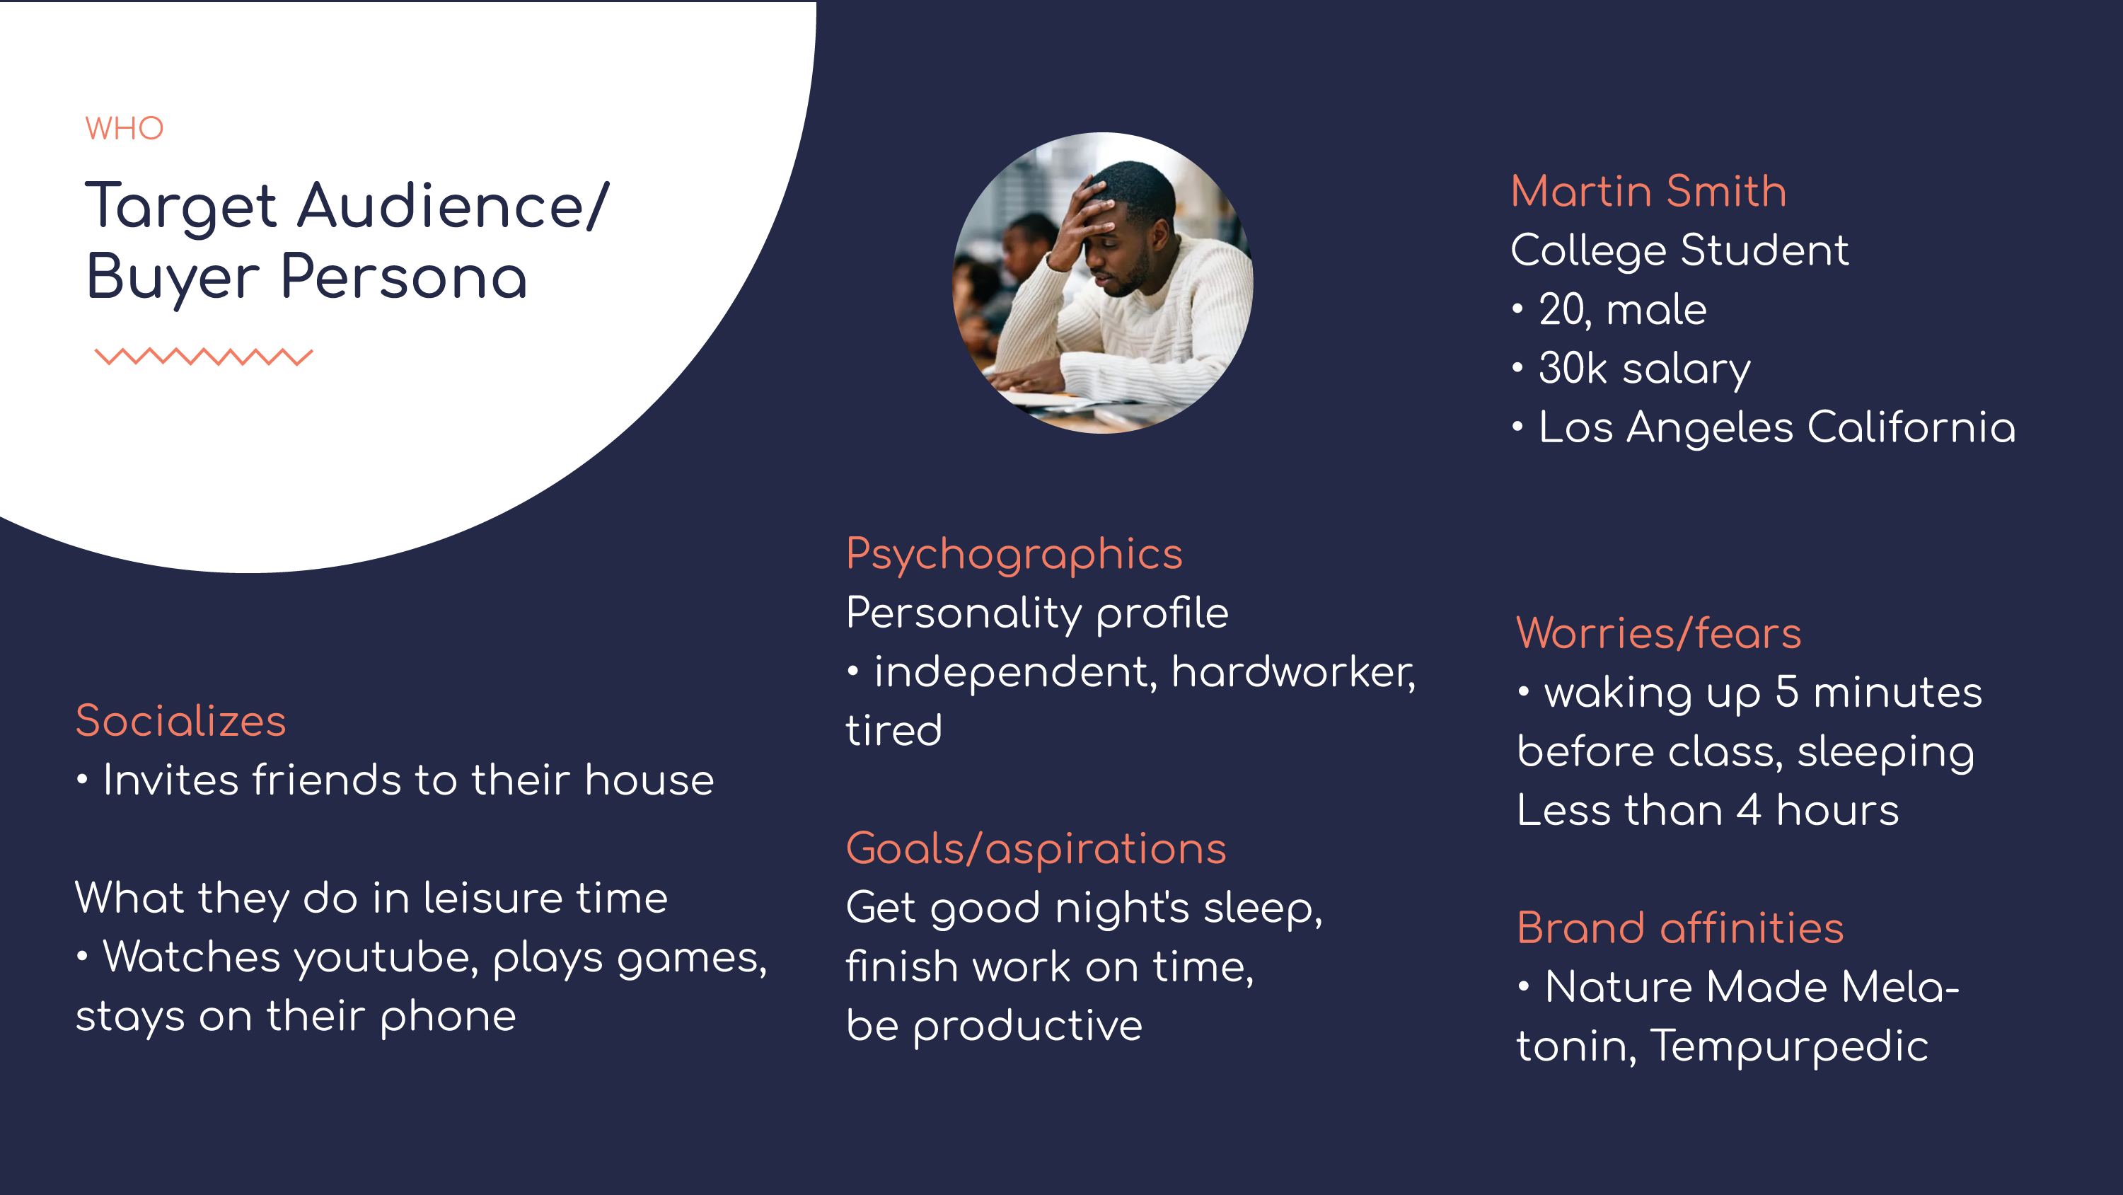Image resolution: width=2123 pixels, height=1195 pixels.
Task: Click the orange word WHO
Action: coord(125,129)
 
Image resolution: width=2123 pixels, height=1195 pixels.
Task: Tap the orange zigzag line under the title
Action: coord(204,356)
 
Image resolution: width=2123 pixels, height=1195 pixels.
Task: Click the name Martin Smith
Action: coord(1648,191)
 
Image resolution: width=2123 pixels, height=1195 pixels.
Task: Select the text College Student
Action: coord(1679,250)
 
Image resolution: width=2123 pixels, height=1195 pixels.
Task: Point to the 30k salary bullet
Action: coord(1632,369)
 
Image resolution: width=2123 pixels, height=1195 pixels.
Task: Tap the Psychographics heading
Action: coord(1014,555)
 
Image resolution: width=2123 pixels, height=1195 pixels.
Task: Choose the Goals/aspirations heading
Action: coord(1036,850)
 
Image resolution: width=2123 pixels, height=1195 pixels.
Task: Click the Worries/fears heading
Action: coord(1658,634)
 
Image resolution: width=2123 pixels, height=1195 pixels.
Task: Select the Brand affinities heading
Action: coord(1679,928)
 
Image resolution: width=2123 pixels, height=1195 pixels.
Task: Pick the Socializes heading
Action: coord(180,721)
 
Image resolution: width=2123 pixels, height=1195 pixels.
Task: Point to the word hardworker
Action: coord(1293,672)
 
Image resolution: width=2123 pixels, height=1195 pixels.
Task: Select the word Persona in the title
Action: coord(404,277)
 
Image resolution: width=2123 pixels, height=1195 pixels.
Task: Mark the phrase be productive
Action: coord(994,1026)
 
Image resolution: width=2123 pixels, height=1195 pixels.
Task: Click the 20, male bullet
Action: coord(1609,310)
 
